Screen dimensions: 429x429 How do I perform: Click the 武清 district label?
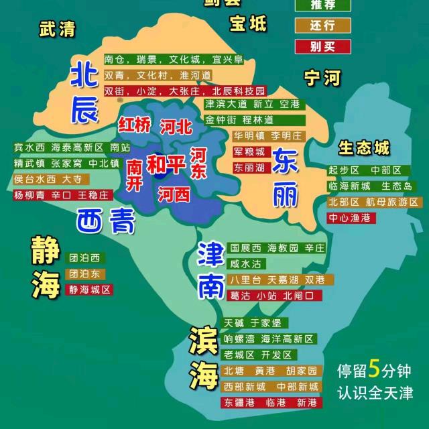point(57,29)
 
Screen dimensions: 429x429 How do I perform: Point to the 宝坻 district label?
point(247,24)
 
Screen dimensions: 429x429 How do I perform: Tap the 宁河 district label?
point(322,78)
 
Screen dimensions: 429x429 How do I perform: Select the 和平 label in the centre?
point(166,164)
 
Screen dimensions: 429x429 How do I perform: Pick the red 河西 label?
point(174,194)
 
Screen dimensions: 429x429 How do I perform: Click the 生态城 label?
point(363,147)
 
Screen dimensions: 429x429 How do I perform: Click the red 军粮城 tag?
point(249,151)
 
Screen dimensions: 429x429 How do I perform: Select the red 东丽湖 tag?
point(249,168)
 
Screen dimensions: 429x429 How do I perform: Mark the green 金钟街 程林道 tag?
point(239,120)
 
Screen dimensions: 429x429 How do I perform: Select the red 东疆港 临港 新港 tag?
point(271,403)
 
